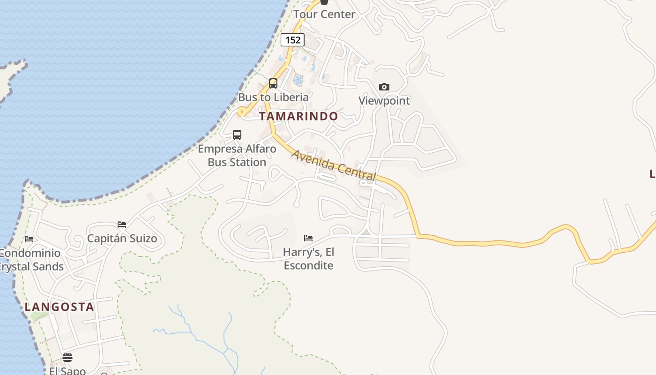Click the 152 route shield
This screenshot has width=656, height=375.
293,40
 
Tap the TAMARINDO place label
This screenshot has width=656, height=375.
298,116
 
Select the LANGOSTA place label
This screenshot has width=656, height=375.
60,307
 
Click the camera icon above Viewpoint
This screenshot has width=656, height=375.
384,87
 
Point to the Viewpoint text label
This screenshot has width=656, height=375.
384,101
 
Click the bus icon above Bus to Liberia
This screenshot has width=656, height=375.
273,83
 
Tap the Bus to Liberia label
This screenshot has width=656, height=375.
274,97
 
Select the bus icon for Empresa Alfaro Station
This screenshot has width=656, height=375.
237,135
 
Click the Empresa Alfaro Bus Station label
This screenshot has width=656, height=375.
237,156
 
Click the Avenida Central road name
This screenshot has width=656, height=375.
334,165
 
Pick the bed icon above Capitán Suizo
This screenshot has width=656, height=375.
122,225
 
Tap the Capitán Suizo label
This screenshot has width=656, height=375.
122,239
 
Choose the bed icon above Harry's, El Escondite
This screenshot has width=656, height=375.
308,238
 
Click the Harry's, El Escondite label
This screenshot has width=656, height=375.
309,259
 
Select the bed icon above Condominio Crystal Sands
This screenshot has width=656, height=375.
29,239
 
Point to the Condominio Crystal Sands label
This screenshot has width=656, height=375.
31,260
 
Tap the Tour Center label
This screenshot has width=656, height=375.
324,14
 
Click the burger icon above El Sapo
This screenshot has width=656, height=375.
67,358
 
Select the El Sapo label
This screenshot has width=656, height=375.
67,370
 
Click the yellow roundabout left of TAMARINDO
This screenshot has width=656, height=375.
242,112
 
